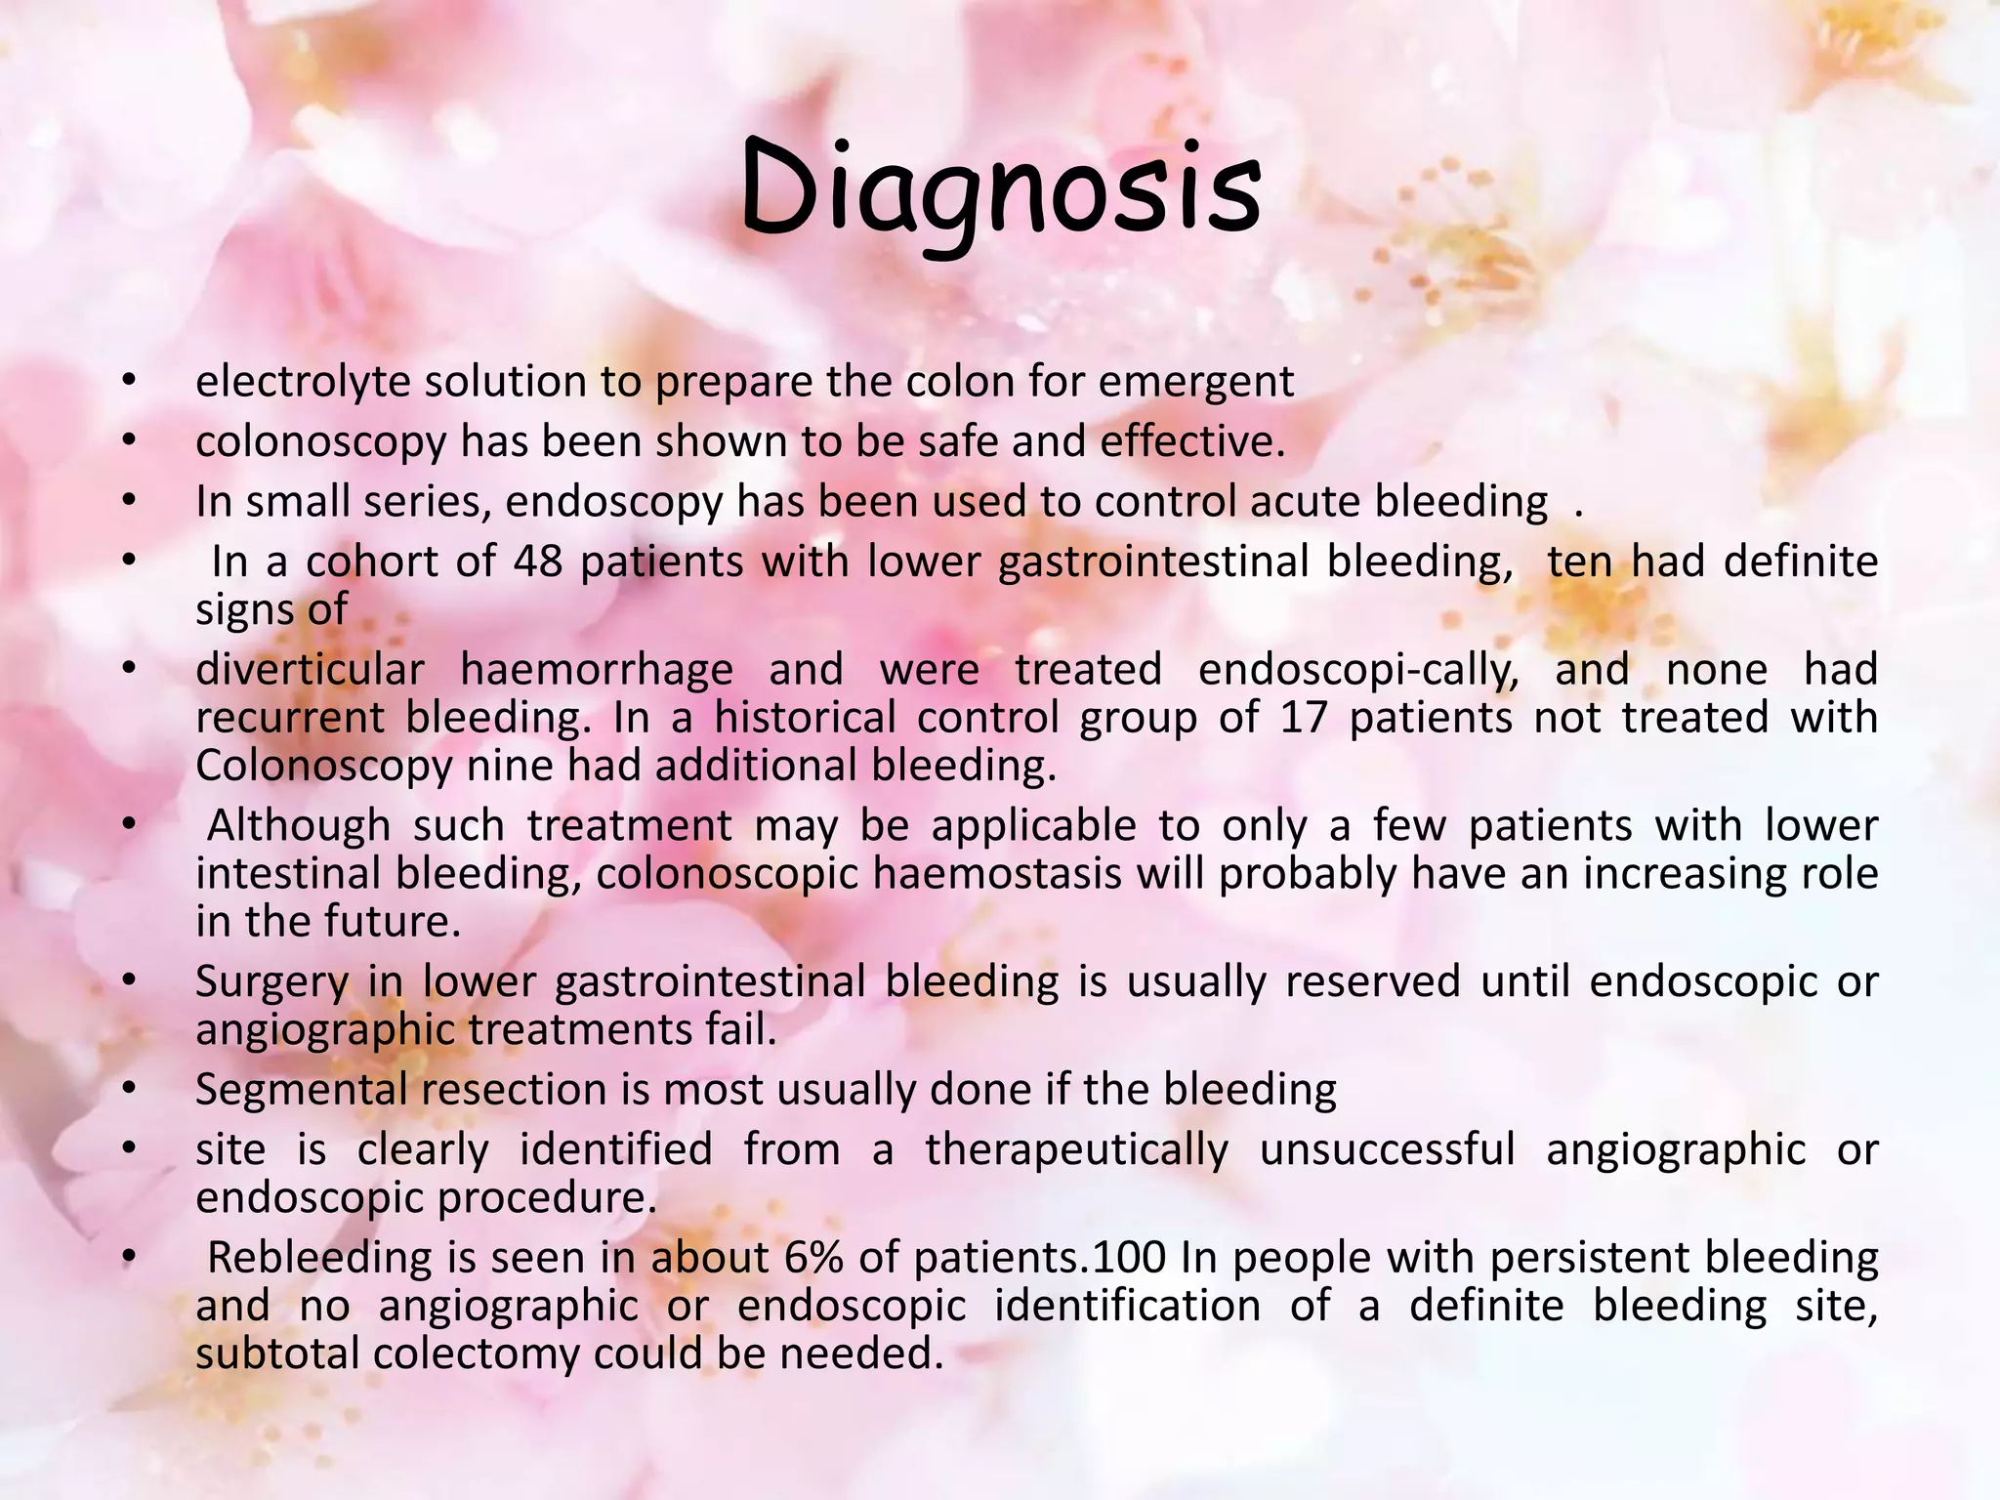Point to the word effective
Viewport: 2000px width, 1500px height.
pyautogui.click(x=1191, y=442)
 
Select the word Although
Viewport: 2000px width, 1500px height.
pyautogui.click(x=299, y=826)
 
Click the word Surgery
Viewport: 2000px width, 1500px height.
pyautogui.click(x=271, y=982)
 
